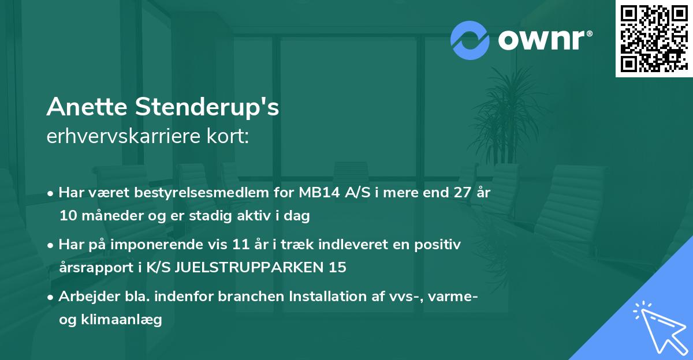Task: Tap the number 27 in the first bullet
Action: tap(460, 193)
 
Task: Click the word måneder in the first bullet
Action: tap(105, 216)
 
